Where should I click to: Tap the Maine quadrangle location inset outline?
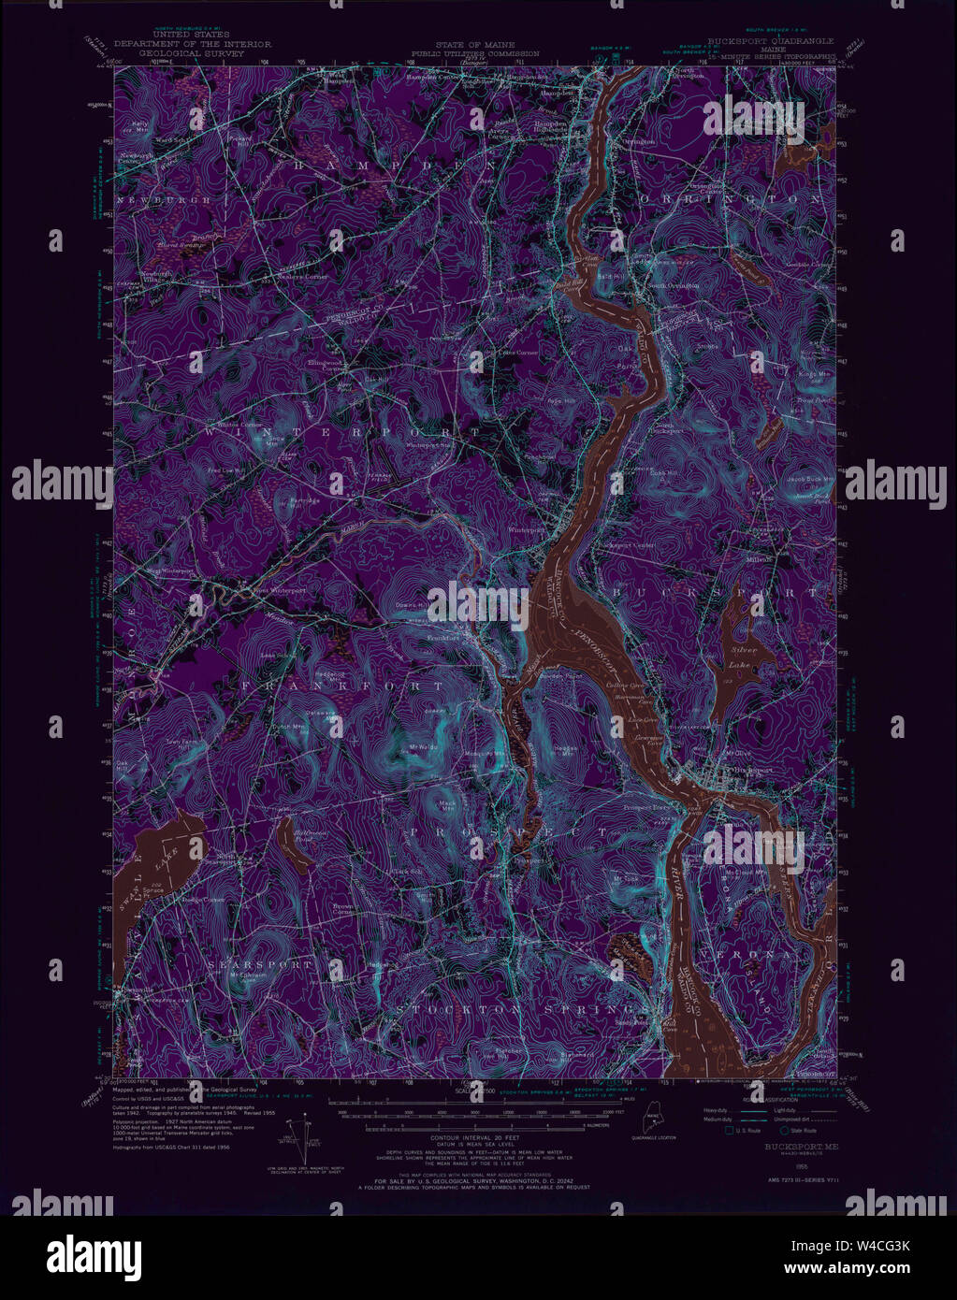(653, 1120)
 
